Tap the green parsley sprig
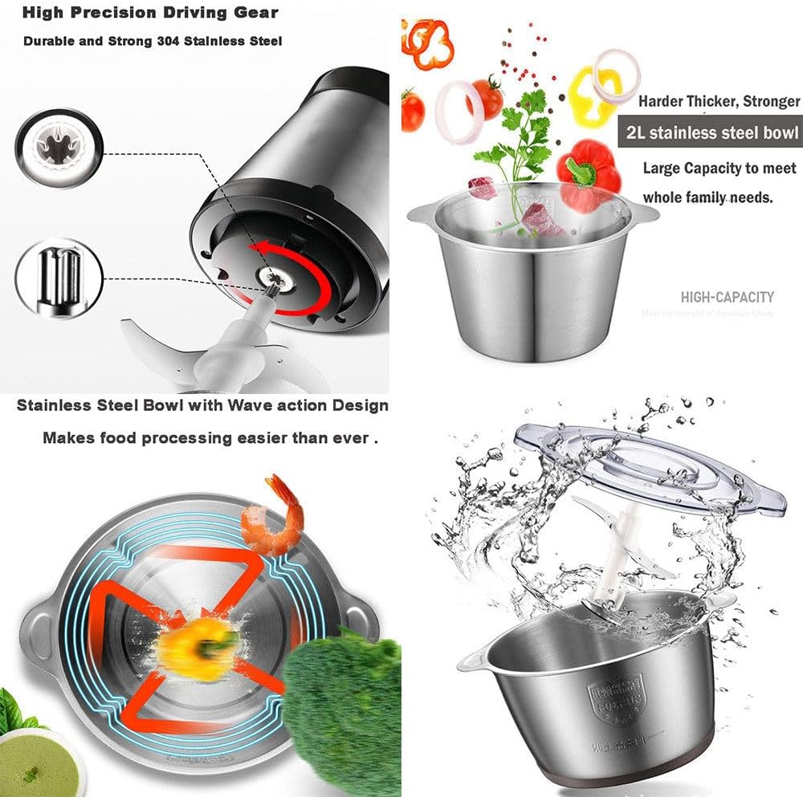point(514,132)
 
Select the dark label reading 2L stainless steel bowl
point(709,132)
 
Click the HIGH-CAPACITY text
point(727,297)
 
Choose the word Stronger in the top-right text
point(771,101)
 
